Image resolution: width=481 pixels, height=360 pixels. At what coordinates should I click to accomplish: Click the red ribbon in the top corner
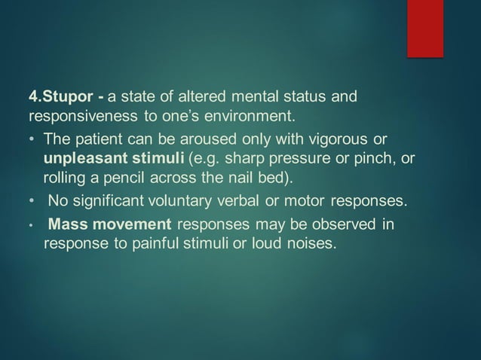point(425,28)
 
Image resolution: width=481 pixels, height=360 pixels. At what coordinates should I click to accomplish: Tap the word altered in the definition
point(198,97)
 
